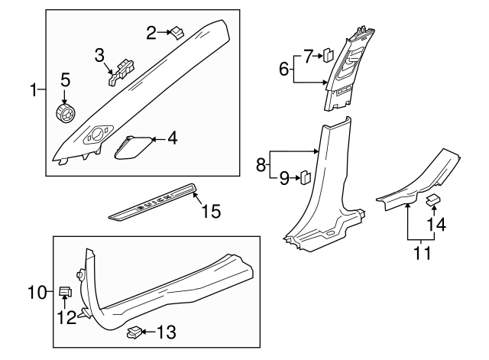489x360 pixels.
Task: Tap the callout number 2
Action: click(151, 31)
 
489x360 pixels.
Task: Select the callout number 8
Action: click(261, 164)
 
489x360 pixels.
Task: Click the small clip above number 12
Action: click(66, 290)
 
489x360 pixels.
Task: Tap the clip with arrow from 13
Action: click(134, 332)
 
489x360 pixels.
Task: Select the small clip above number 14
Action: click(431, 200)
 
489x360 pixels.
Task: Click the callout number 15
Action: click(210, 210)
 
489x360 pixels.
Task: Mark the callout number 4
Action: click(172, 138)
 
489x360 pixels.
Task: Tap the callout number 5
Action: click(66, 79)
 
